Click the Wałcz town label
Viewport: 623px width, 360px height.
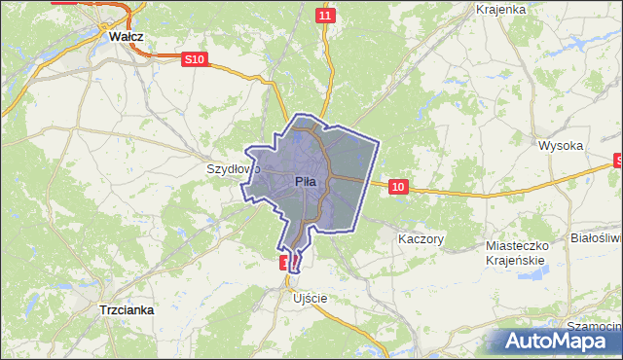click(x=127, y=36)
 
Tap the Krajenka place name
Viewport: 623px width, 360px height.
click(x=501, y=9)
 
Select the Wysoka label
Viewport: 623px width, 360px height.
click(x=561, y=146)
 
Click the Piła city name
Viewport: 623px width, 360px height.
click(x=306, y=181)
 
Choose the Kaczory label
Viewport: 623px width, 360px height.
click(x=421, y=238)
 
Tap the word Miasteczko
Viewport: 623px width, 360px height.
click(x=518, y=246)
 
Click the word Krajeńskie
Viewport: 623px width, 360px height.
click(x=518, y=260)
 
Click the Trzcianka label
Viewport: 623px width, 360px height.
click(x=128, y=309)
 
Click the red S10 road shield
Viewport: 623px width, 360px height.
click(x=195, y=59)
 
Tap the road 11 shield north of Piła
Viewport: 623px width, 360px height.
click(x=326, y=16)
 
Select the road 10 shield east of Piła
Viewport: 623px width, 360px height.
click(x=397, y=186)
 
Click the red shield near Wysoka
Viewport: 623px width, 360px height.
click(x=617, y=161)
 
